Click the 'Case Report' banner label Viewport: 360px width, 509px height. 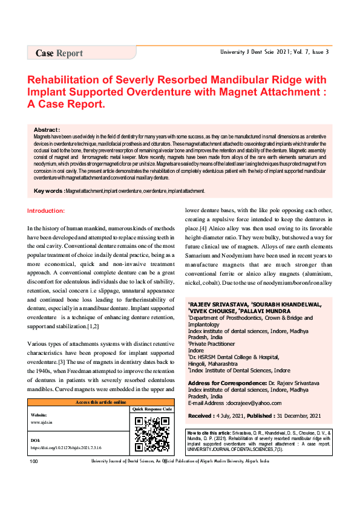[x=59, y=53]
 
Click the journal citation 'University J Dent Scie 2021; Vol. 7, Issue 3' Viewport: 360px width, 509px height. [x=274, y=52]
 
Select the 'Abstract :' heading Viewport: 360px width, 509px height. [x=47, y=130]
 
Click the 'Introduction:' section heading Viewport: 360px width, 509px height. [x=50, y=210]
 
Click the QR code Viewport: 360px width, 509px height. [x=151, y=433]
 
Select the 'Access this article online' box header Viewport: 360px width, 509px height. [x=100, y=402]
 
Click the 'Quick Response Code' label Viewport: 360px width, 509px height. [x=151, y=409]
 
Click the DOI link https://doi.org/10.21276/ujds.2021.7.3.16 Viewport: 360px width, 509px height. [x=65, y=448]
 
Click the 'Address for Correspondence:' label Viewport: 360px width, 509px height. [x=227, y=384]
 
